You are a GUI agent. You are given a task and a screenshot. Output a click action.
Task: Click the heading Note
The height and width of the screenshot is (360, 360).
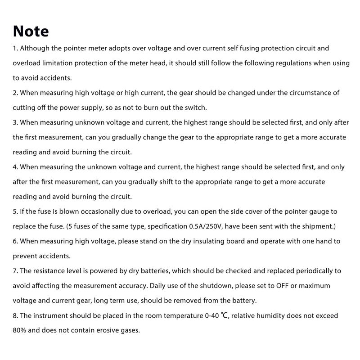tap(31, 31)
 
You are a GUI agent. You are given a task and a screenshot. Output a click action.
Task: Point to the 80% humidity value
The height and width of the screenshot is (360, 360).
tap(21, 330)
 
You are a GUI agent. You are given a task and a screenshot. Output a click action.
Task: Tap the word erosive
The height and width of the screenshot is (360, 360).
tap(106, 330)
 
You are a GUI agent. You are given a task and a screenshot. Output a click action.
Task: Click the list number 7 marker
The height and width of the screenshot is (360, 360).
tap(15, 271)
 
